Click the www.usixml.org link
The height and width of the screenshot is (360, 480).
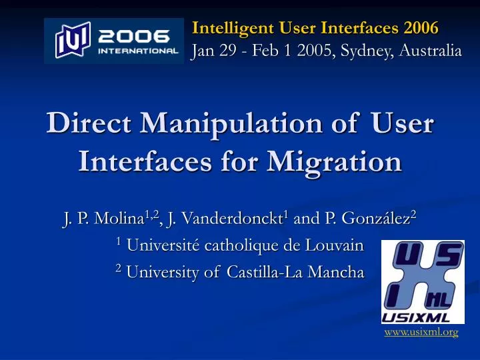tap(421, 332)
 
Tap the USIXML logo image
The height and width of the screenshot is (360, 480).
tap(423, 281)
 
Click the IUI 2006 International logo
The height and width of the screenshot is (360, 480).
tap(113, 41)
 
